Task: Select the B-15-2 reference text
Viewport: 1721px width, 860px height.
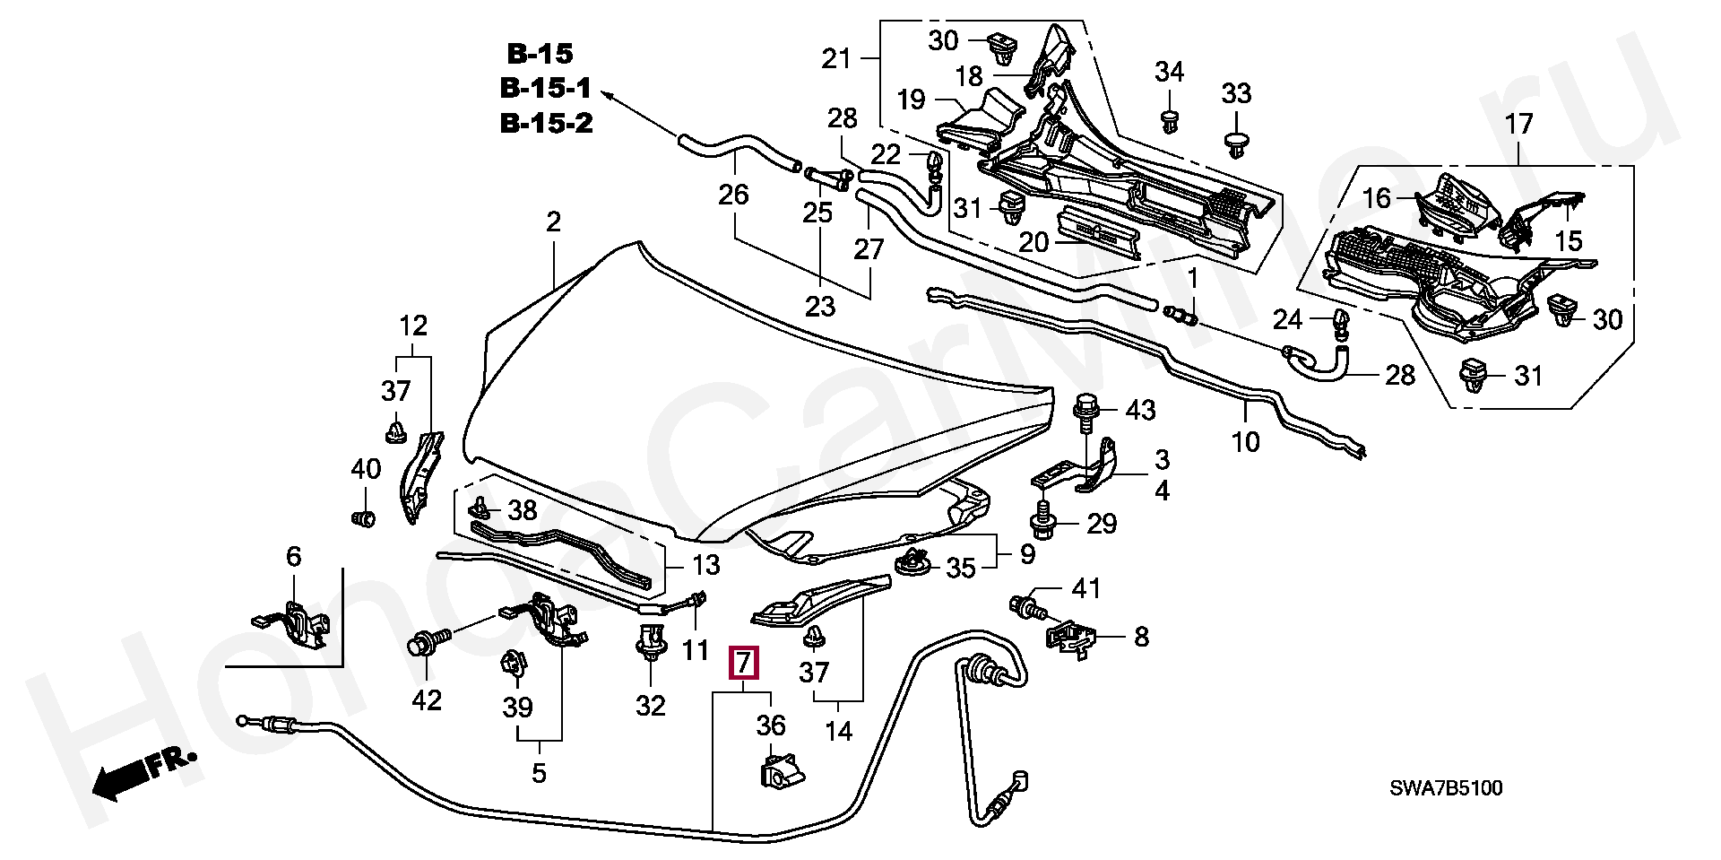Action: coord(546,123)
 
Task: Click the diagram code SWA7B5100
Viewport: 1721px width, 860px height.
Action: coord(1446,789)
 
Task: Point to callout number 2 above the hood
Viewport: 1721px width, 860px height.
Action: coord(553,222)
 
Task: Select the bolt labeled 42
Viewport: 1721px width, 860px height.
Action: coord(422,644)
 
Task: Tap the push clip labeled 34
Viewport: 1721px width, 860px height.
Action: coord(1169,120)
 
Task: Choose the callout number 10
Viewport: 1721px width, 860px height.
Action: coord(1246,441)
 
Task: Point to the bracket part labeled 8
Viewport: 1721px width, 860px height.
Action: coord(1070,638)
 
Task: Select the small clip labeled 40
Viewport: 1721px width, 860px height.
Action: coord(363,518)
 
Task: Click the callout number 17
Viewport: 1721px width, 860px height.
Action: coord(1519,124)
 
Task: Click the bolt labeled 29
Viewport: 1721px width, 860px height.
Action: coord(1042,517)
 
